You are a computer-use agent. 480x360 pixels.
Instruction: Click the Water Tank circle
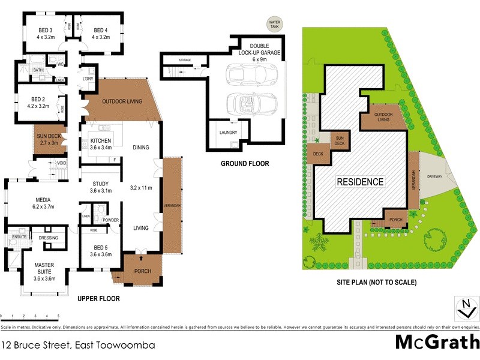click(275, 25)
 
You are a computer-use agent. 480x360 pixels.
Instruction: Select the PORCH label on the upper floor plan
click(142, 271)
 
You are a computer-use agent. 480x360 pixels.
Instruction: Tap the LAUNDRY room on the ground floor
click(229, 133)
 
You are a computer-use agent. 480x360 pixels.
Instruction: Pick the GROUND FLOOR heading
click(245, 163)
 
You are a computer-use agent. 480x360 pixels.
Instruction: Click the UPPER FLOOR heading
click(98, 298)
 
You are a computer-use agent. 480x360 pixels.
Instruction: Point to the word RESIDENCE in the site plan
click(360, 182)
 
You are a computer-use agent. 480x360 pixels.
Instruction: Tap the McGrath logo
click(436, 342)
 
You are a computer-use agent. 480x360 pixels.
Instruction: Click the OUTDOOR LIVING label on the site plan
click(383, 116)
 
